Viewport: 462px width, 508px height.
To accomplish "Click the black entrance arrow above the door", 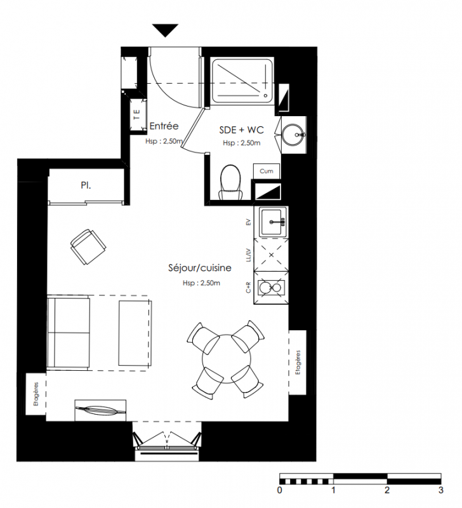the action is [166, 30].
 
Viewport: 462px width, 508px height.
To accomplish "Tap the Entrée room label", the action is [164, 126].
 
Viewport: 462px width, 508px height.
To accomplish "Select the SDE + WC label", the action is [242, 130].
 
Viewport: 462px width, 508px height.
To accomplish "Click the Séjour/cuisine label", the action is [200, 268].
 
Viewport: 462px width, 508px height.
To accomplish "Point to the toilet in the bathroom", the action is [230, 182].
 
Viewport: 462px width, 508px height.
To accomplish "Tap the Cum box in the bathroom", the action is [266, 171].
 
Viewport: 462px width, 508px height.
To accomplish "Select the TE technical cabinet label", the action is [137, 114].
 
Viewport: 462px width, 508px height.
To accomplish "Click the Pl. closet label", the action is [86, 185].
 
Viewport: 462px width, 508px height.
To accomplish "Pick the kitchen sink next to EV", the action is [272, 222].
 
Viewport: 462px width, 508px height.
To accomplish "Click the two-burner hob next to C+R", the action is [271, 288].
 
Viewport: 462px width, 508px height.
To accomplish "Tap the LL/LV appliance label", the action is [248, 255].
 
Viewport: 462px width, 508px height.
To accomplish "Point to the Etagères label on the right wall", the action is [298, 363].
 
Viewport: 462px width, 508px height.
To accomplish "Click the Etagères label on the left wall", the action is [36, 394].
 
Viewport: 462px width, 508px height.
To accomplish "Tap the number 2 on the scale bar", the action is [387, 490].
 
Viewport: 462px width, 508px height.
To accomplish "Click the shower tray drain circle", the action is [265, 96].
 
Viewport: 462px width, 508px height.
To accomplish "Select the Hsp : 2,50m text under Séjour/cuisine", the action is [201, 283].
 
